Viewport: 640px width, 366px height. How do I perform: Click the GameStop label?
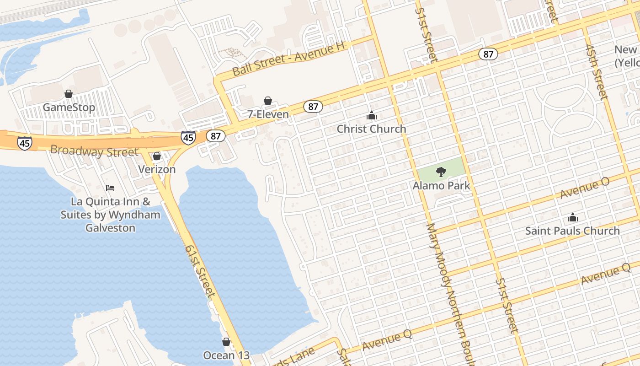(69, 108)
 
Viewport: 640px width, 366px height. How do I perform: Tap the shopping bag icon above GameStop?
(69, 94)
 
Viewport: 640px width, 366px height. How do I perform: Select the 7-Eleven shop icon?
(268, 101)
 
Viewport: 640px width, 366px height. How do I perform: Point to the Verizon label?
(157, 169)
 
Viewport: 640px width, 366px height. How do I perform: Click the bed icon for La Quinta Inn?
(110, 188)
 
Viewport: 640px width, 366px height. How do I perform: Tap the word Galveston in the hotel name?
(110, 228)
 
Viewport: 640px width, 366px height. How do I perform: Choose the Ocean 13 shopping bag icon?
(226, 342)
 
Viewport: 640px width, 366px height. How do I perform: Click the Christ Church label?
(371, 129)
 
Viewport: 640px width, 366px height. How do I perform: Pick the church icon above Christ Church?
(371, 115)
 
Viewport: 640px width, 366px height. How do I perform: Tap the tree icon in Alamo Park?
(441, 172)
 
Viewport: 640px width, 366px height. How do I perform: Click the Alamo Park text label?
(441, 186)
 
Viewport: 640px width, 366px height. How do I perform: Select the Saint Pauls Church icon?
(572, 218)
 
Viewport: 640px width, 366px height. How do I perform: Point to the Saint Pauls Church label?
(572, 231)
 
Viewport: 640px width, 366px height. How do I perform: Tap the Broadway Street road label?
(94, 151)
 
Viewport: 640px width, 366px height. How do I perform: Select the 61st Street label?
(200, 270)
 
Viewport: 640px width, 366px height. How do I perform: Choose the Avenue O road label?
(585, 188)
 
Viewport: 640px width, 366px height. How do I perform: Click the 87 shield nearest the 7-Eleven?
(313, 107)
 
